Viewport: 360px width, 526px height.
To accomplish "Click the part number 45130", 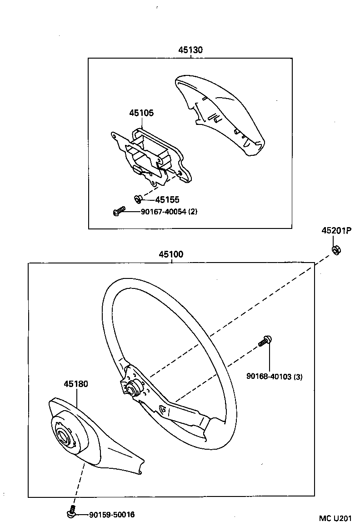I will pos(190,50).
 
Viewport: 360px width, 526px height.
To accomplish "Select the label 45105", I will pos(141,113).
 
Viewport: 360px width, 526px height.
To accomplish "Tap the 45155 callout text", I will pos(167,199).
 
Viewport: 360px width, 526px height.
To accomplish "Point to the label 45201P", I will pos(337,231).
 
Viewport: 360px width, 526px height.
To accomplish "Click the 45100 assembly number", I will pos(171,255).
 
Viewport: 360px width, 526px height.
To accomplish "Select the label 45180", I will pos(76,384).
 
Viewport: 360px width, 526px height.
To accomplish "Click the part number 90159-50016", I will pos(112,515).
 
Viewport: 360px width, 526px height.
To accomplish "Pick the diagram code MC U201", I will pos(335,518).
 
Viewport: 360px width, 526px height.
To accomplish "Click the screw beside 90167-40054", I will pos(119,211).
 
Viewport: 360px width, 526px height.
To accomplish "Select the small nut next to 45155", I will pos(137,198).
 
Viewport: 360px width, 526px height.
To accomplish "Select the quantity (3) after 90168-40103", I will pos(298,377).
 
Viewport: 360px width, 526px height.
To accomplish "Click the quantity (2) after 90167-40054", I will pos(193,211).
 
